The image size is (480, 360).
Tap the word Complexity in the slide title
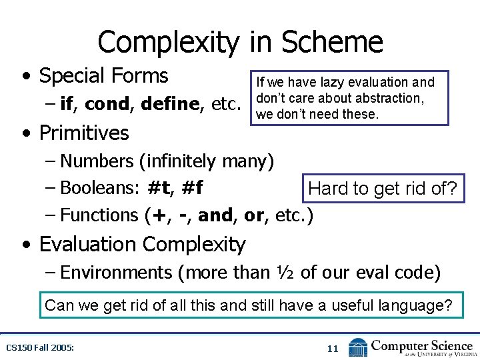point(166,43)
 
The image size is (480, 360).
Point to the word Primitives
point(84,133)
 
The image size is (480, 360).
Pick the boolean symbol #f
point(192,188)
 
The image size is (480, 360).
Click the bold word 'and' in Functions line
point(213,215)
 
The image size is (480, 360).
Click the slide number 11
point(333,348)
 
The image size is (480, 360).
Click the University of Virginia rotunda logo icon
point(357,347)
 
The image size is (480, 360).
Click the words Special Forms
point(103,76)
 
